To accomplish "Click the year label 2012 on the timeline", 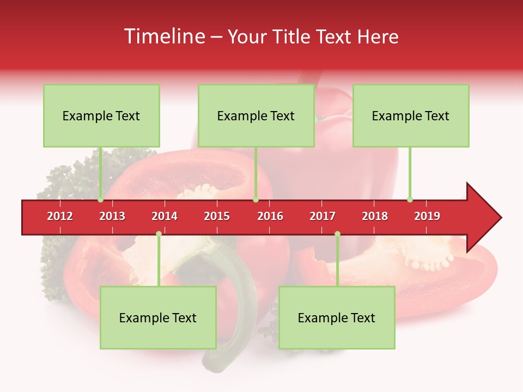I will [x=60, y=217].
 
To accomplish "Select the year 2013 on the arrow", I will [x=112, y=217].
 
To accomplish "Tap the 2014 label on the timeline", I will [x=165, y=217].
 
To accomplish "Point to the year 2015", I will [x=217, y=217].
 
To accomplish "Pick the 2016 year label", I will [x=270, y=217].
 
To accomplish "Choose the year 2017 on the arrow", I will [x=323, y=217].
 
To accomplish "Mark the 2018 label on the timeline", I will [x=375, y=217].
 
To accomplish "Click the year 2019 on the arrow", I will [x=427, y=217].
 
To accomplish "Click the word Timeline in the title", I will [x=163, y=37].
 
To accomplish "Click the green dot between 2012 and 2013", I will [x=101, y=199].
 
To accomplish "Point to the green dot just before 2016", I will [x=256, y=199].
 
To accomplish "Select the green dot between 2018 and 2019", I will [x=410, y=199].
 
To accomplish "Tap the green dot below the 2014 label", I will [x=159, y=234].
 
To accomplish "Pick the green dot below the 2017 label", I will [x=337, y=234].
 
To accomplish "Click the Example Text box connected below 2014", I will [x=158, y=318].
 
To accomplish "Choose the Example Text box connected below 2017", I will [x=337, y=318].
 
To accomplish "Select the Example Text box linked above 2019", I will [x=411, y=116].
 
